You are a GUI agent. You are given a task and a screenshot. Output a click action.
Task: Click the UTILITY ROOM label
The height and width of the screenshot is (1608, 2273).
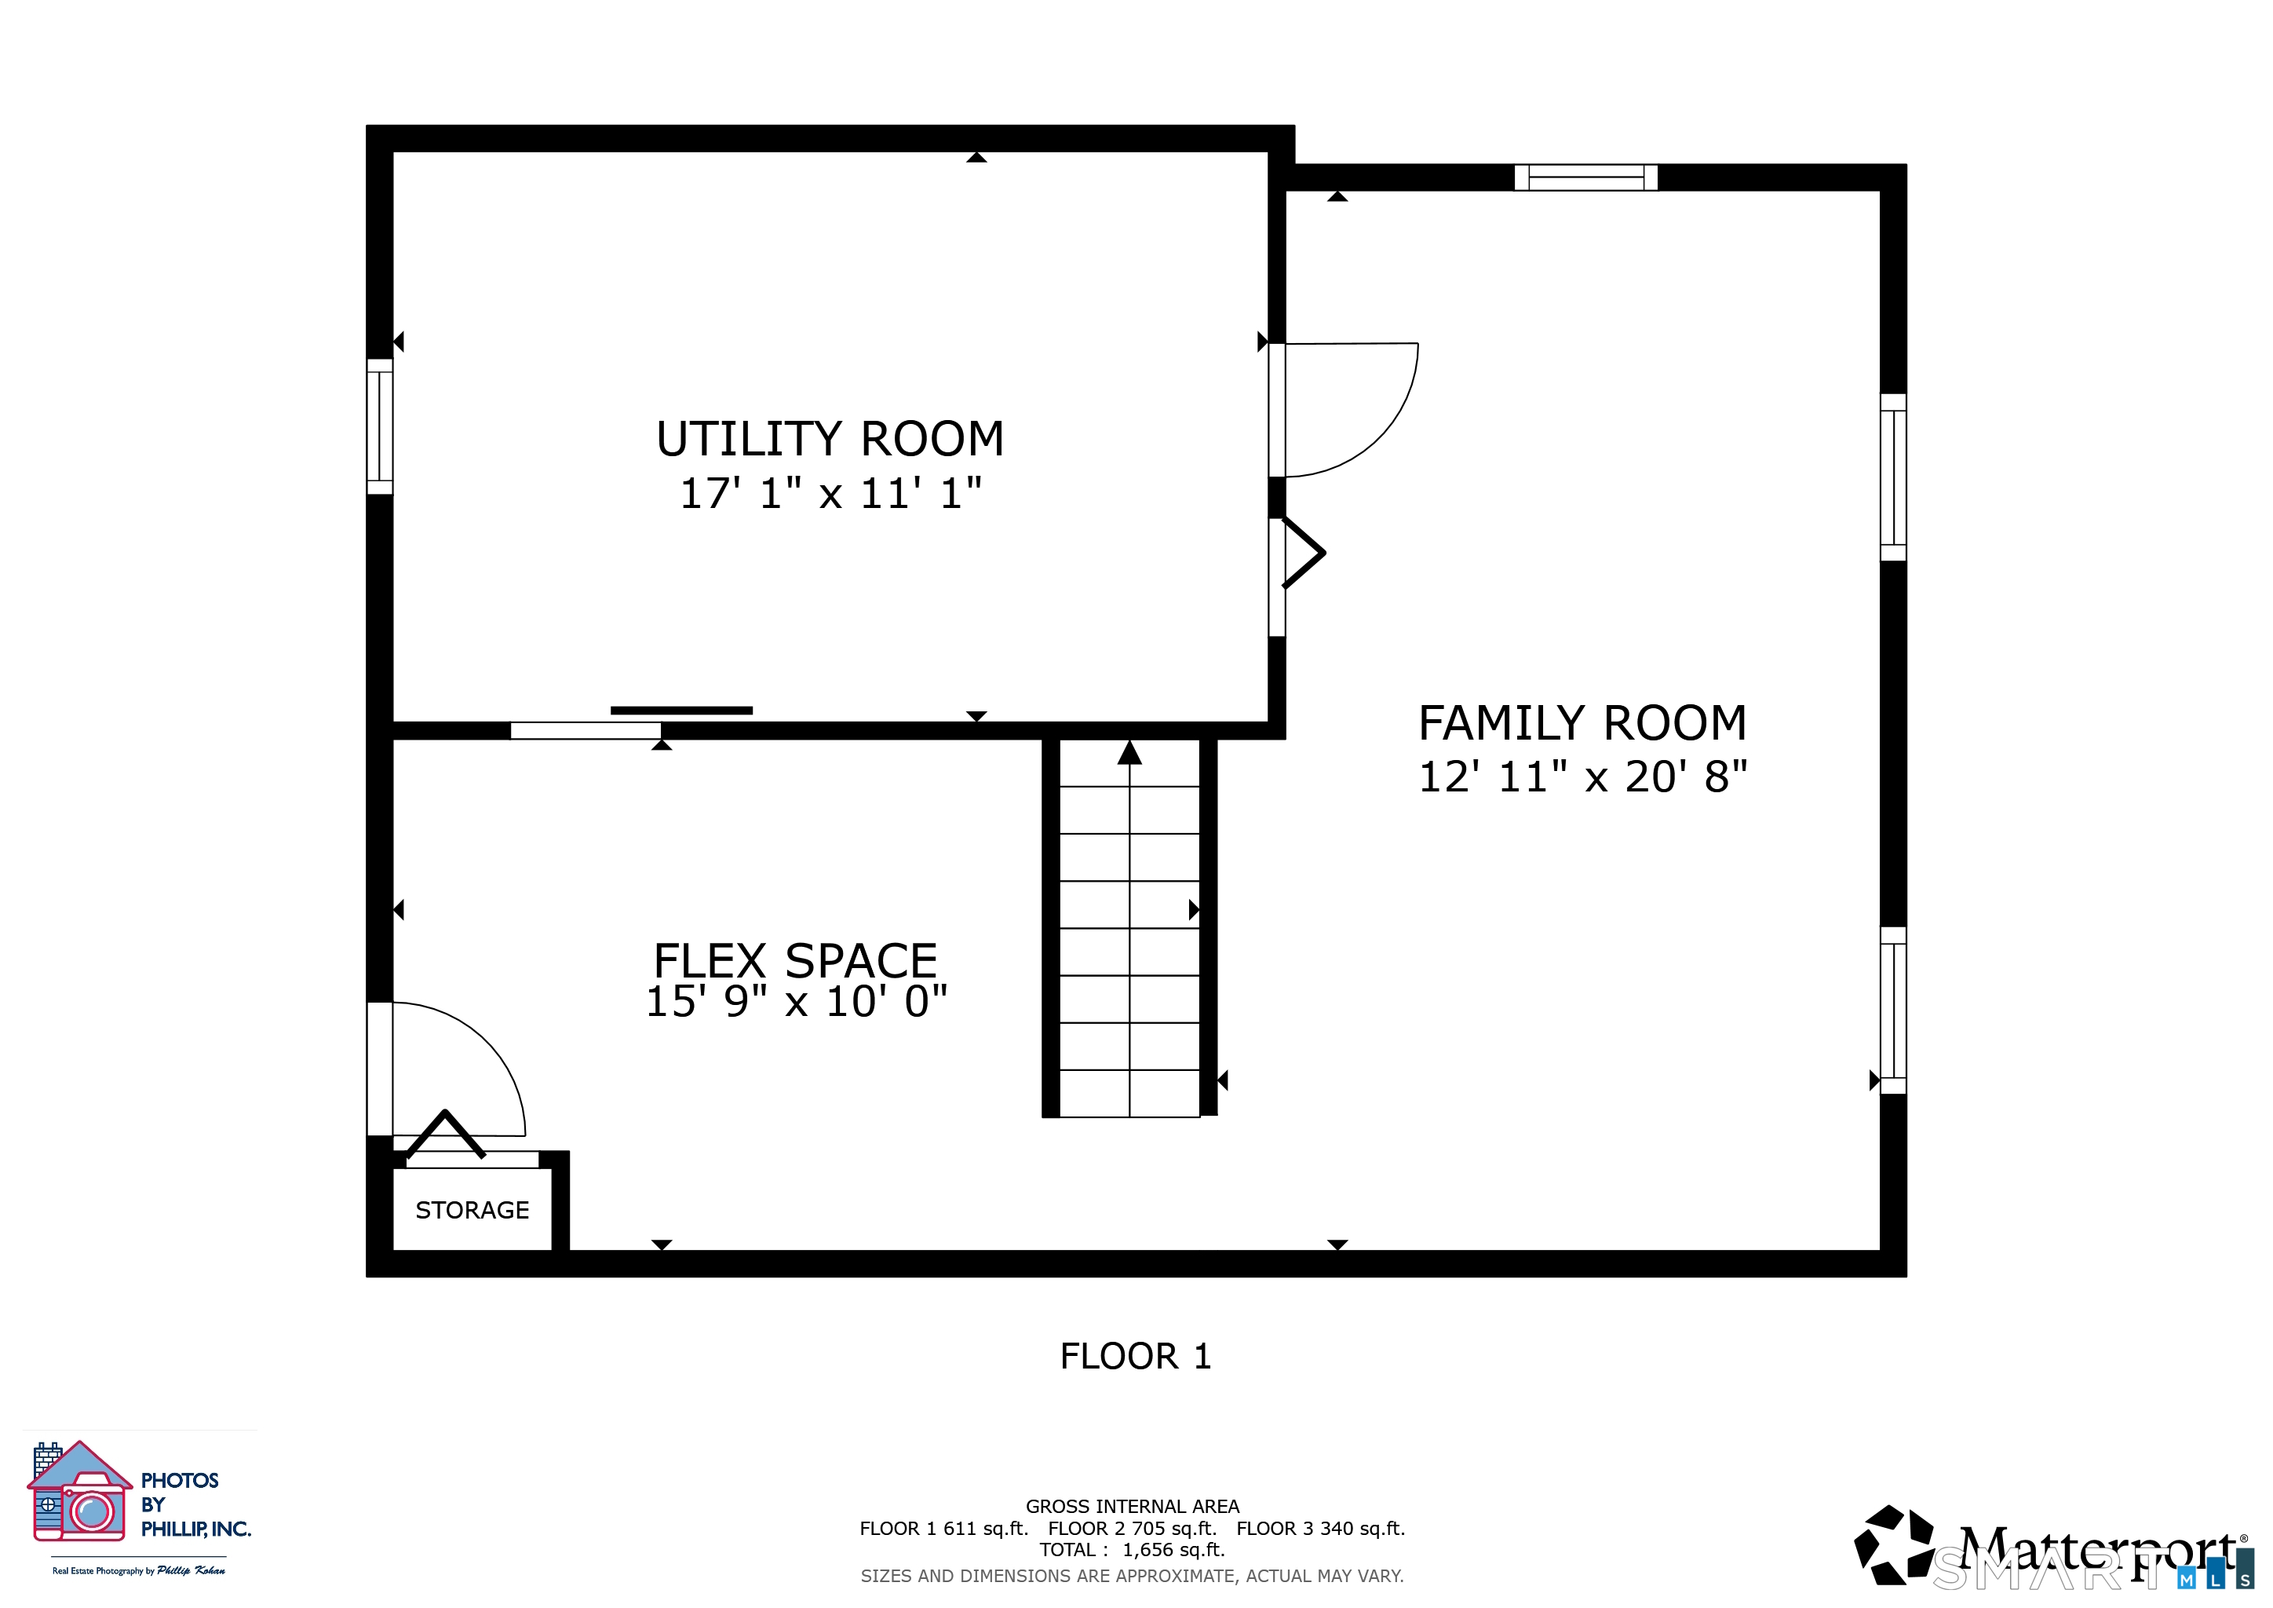[x=830, y=440]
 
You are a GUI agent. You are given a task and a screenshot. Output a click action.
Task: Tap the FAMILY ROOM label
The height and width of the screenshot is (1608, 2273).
[x=1582, y=724]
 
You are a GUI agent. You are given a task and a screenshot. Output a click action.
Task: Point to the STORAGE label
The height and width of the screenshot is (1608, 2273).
[x=472, y=1210]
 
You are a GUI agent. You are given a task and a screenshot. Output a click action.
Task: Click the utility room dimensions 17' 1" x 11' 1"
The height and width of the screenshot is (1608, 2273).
[x=830, y=493]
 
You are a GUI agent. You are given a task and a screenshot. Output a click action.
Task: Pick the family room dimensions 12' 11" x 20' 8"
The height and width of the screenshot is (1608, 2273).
[x=1583, y=777]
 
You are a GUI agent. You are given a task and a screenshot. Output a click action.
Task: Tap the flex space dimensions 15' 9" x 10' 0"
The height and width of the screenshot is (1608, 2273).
[x=796, y=1002]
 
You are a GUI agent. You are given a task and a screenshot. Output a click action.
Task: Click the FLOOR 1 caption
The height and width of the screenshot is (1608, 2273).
[x=1136, y=1357]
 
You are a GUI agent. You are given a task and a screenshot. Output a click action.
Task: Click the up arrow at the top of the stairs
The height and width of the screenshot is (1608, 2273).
[x=1129, y=752]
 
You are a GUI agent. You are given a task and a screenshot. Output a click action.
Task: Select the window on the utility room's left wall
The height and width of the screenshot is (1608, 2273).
[x=380, y=427]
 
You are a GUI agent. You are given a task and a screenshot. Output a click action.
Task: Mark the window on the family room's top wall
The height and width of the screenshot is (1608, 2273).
[x=1586, y=177]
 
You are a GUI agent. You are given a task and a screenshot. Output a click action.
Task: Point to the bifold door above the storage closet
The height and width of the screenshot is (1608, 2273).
[x=446, y=1135]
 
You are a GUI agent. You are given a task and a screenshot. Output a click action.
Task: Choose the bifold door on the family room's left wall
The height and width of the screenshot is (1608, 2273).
[x=1304, y=553]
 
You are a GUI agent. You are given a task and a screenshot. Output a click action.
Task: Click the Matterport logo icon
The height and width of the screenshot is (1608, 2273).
[x=1893, y=1544]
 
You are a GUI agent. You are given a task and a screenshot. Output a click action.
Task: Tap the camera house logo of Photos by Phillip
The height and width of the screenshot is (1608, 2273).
[x=79, y=1491]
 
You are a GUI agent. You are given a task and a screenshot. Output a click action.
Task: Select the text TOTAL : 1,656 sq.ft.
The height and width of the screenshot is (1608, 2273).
[x=1132, y=1550]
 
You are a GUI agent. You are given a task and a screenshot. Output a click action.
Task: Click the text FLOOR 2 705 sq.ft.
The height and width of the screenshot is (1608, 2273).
[x=1132, y=1528]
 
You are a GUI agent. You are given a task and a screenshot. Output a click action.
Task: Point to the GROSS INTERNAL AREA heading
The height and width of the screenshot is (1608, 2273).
[x=1132, y=1506]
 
